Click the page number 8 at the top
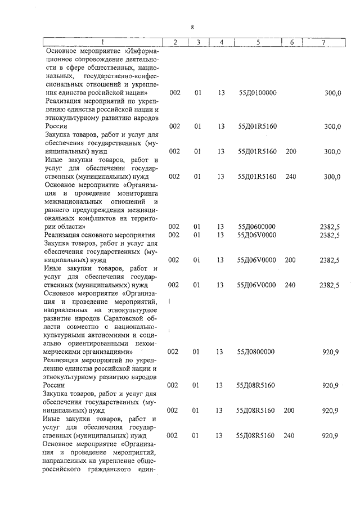[x=192, y=27]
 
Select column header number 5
[x=258, y=42]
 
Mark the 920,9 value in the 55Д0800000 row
[x=330, y=352]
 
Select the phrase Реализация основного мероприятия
[x=100, y=235]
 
